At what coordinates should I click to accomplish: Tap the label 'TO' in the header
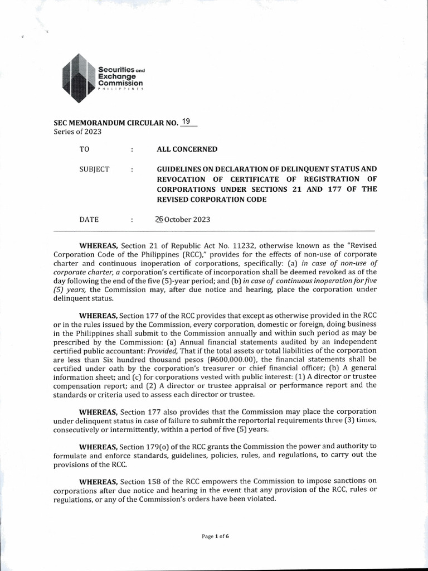85,149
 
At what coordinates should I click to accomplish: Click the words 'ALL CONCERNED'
187,149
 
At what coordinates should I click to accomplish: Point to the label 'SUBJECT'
95,169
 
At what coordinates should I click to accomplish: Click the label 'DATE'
89,219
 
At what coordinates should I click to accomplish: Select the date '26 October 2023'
183,219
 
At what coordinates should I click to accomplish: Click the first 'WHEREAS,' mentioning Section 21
99,246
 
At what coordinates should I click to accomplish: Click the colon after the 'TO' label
132,149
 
